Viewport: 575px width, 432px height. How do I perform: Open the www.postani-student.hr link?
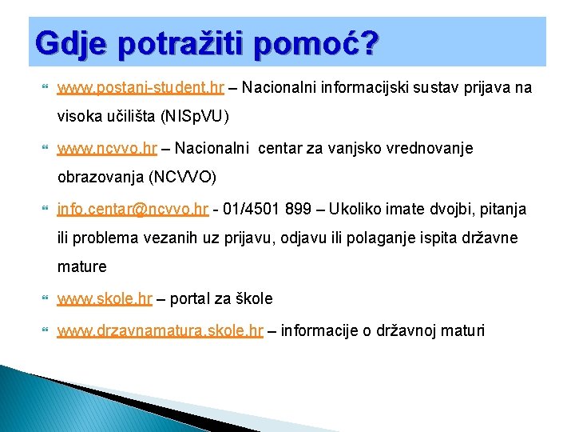tap(141, 87)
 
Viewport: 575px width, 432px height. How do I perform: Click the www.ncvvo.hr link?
tap(107, 148)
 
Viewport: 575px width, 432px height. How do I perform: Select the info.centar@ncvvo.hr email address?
tap(133, 209)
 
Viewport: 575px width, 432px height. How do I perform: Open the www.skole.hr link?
tap(105, 298)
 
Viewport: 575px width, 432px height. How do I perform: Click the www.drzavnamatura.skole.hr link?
tap(160, 330)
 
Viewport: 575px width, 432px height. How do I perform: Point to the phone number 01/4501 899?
tap(267, 209)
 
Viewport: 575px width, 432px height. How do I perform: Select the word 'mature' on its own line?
tap(81, 267)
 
